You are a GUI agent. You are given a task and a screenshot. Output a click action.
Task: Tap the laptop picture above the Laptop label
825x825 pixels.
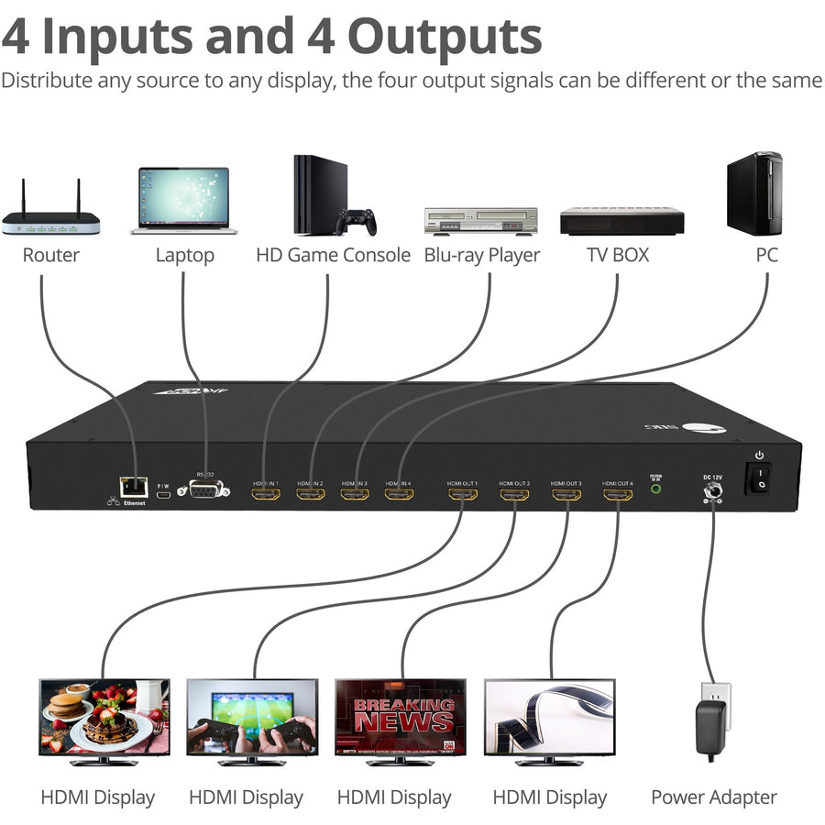point(183,200)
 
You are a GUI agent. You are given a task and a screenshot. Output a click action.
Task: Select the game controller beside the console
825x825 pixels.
point(357,222)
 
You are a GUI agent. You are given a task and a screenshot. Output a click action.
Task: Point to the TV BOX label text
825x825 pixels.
point(617,255)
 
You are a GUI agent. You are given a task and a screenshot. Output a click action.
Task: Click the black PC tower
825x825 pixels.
point(753,194)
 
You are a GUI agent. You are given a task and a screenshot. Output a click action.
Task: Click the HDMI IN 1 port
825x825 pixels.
point(266,495)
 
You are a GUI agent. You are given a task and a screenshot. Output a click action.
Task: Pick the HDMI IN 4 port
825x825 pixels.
point(399,495)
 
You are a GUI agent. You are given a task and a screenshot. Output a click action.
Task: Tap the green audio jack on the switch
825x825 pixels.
point(655,489)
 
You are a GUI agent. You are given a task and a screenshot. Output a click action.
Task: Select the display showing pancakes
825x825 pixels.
point(104,719)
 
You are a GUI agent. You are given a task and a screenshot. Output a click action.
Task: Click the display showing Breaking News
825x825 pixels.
point(401,719)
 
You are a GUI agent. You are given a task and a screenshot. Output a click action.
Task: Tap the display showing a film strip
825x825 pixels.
point(549,719)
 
